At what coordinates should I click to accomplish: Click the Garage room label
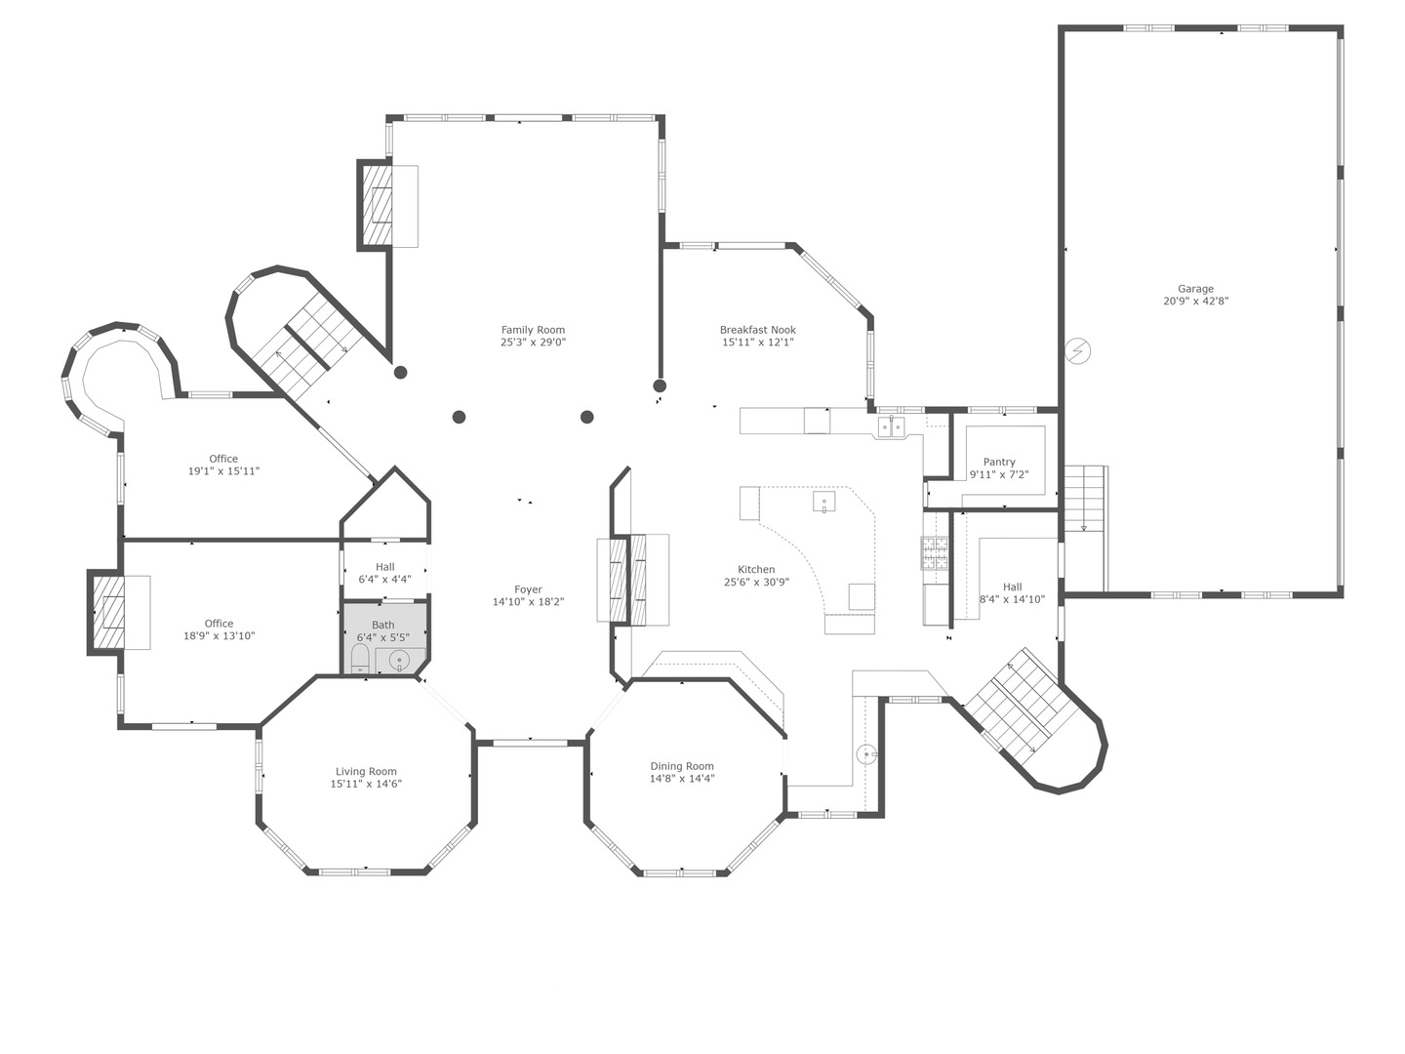(x=1195, y=289)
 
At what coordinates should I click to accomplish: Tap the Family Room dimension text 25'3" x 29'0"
(x=533, y=343)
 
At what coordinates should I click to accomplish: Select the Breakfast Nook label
(x=758, y=330)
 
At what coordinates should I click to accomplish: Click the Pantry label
(x=999, y=462)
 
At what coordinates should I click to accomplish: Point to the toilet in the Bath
(x=359, y=659)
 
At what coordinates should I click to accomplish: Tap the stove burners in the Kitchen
(x=935, y=554)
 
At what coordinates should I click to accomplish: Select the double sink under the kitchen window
(x=890, y=426)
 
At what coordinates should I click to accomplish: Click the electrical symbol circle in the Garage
(x=1078, y=350)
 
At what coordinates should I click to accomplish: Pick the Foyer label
(x=528, y=589)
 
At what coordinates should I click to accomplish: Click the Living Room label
(x=366, y=771)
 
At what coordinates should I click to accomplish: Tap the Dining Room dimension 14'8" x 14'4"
(x=682, y=779)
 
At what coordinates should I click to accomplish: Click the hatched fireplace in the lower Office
(x=108, y=612)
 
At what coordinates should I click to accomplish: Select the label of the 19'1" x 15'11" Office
(x=223, y=459)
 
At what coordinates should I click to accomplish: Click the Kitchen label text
(x=756, y=569)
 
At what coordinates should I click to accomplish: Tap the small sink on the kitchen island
(x=823, y=503)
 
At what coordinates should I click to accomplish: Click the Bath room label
(x=383, y=625)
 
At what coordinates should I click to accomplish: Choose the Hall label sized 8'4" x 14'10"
(x=1013, y=587)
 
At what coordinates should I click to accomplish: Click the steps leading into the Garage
(x=1084, y=498)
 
